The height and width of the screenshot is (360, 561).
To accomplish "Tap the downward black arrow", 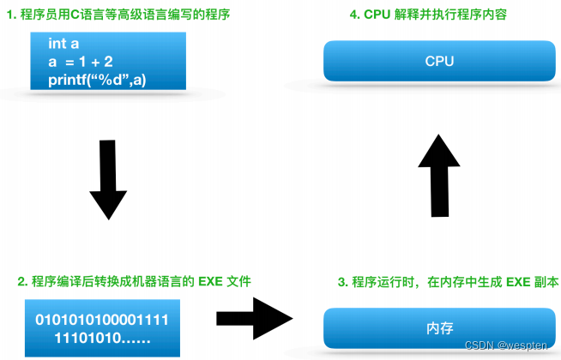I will [x=108, y=180].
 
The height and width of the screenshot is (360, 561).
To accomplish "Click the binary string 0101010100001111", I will [x=101, y=320].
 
